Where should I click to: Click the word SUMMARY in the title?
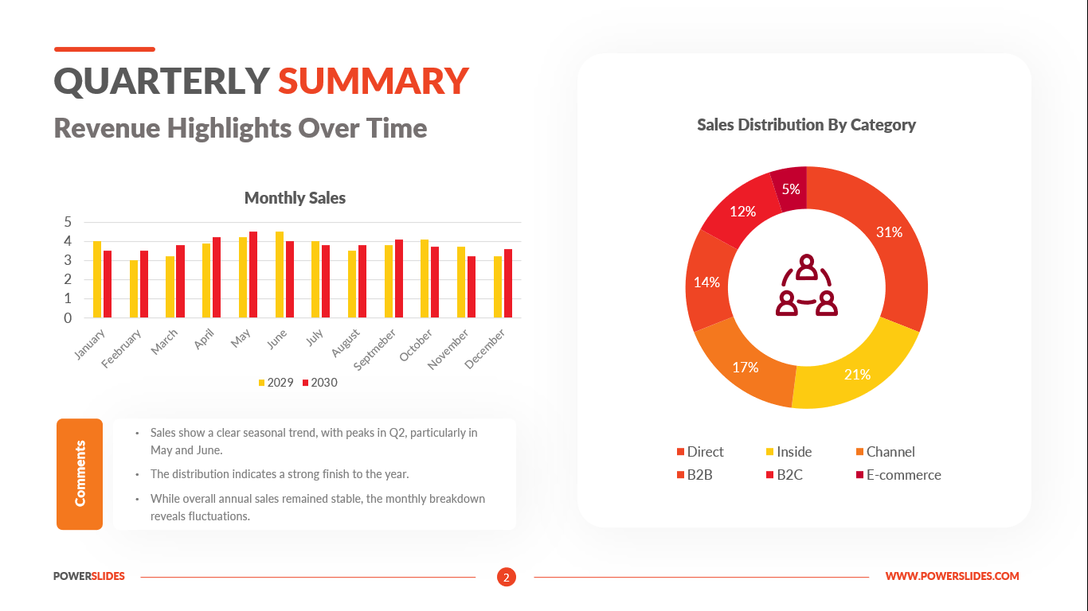374,81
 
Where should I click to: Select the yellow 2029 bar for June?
280,274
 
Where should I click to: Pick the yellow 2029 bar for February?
134,289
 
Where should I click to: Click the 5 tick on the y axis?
68,222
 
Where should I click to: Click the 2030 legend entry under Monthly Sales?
319,383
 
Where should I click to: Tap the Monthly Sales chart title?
295,198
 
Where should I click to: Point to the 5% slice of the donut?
791,189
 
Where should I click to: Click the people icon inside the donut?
807,286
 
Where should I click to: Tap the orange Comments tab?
80,474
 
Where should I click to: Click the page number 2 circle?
507,577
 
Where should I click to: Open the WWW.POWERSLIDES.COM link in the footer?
952,577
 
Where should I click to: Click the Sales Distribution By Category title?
806,125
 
